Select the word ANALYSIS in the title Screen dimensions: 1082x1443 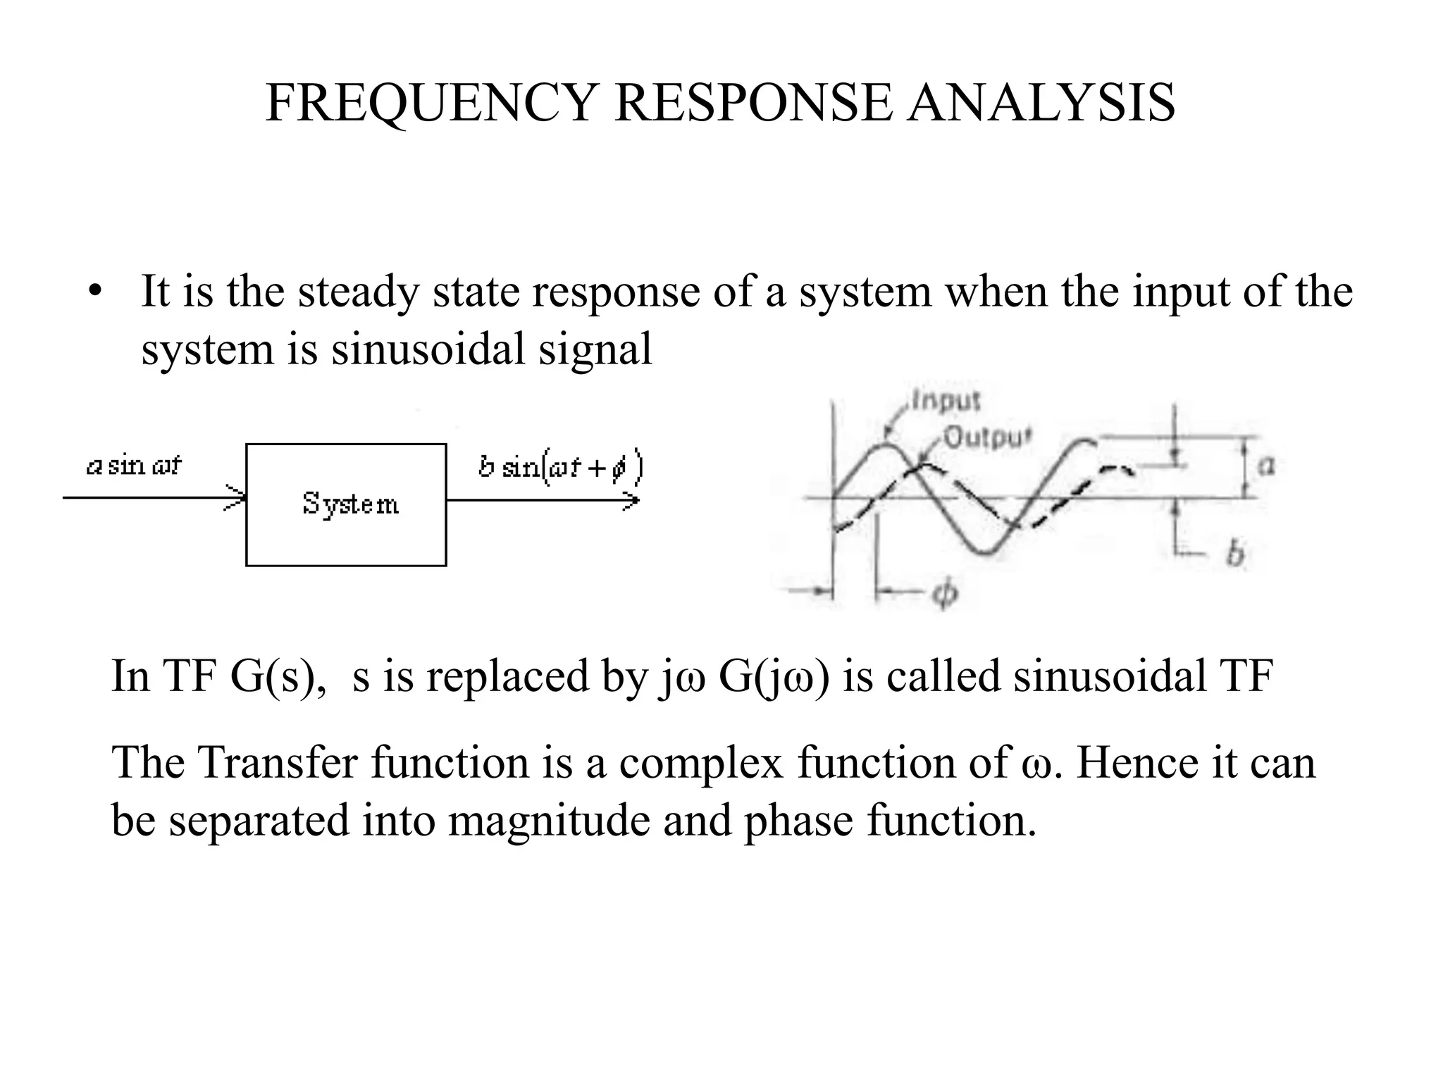[x=1041, y=104]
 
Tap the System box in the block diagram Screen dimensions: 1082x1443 [x=346, y=504]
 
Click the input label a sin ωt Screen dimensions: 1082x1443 [x=134, y=466]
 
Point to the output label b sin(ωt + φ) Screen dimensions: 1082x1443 [x=560, y=468]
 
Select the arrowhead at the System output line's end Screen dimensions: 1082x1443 [x=631, y=501]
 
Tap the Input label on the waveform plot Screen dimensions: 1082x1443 [x=946, y=400]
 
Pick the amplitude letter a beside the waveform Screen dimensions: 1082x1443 [x=1266, y=466]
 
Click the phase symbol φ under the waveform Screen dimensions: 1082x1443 [x=945, y=594]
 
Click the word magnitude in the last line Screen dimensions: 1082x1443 [x=549, y=821]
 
